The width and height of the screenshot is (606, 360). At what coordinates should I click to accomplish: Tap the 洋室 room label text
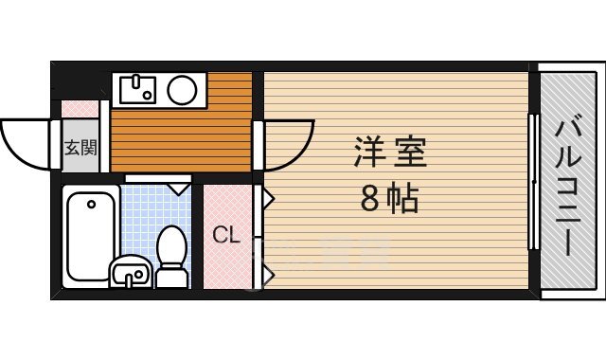390,153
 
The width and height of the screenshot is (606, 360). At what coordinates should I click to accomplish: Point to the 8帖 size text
389,200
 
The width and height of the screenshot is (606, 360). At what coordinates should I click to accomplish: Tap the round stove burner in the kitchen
182,91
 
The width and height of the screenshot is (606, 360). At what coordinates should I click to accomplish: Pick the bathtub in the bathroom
90,234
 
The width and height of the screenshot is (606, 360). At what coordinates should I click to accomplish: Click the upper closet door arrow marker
269,199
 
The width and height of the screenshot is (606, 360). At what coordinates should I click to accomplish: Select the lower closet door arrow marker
269,275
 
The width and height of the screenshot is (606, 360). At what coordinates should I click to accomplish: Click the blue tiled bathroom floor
142,218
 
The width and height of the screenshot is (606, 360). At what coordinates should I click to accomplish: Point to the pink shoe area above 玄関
80,109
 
